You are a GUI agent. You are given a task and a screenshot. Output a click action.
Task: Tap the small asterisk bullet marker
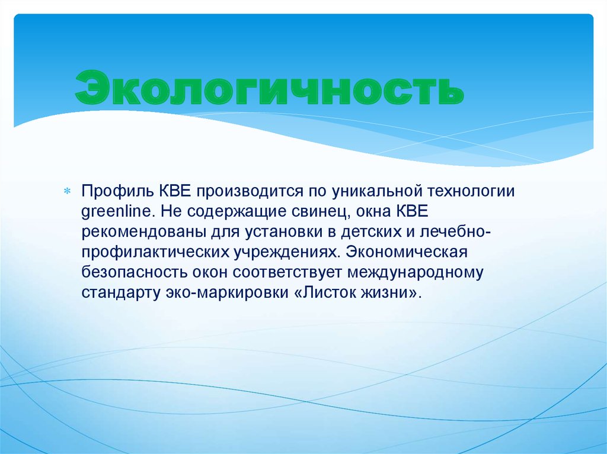pos(67,192)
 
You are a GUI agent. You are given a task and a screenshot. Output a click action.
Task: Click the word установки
pos(264,232)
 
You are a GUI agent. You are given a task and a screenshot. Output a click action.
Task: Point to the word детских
pos(353,232)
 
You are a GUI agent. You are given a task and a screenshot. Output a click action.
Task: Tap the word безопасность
pos(133,273)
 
